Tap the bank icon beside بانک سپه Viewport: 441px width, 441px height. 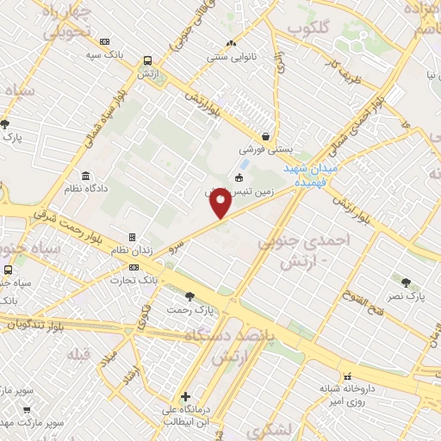click(105, 41)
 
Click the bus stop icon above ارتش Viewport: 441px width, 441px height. click(148, 61)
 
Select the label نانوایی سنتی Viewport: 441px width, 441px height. click(229, 58)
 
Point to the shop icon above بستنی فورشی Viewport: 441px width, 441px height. click(267, 135)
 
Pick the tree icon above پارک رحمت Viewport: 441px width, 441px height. click(189, 296)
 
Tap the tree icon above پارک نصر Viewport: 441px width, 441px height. click(405, 282)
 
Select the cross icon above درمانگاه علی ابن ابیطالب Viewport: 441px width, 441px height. click(185, 396)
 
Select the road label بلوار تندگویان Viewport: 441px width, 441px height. click(42, 323)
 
